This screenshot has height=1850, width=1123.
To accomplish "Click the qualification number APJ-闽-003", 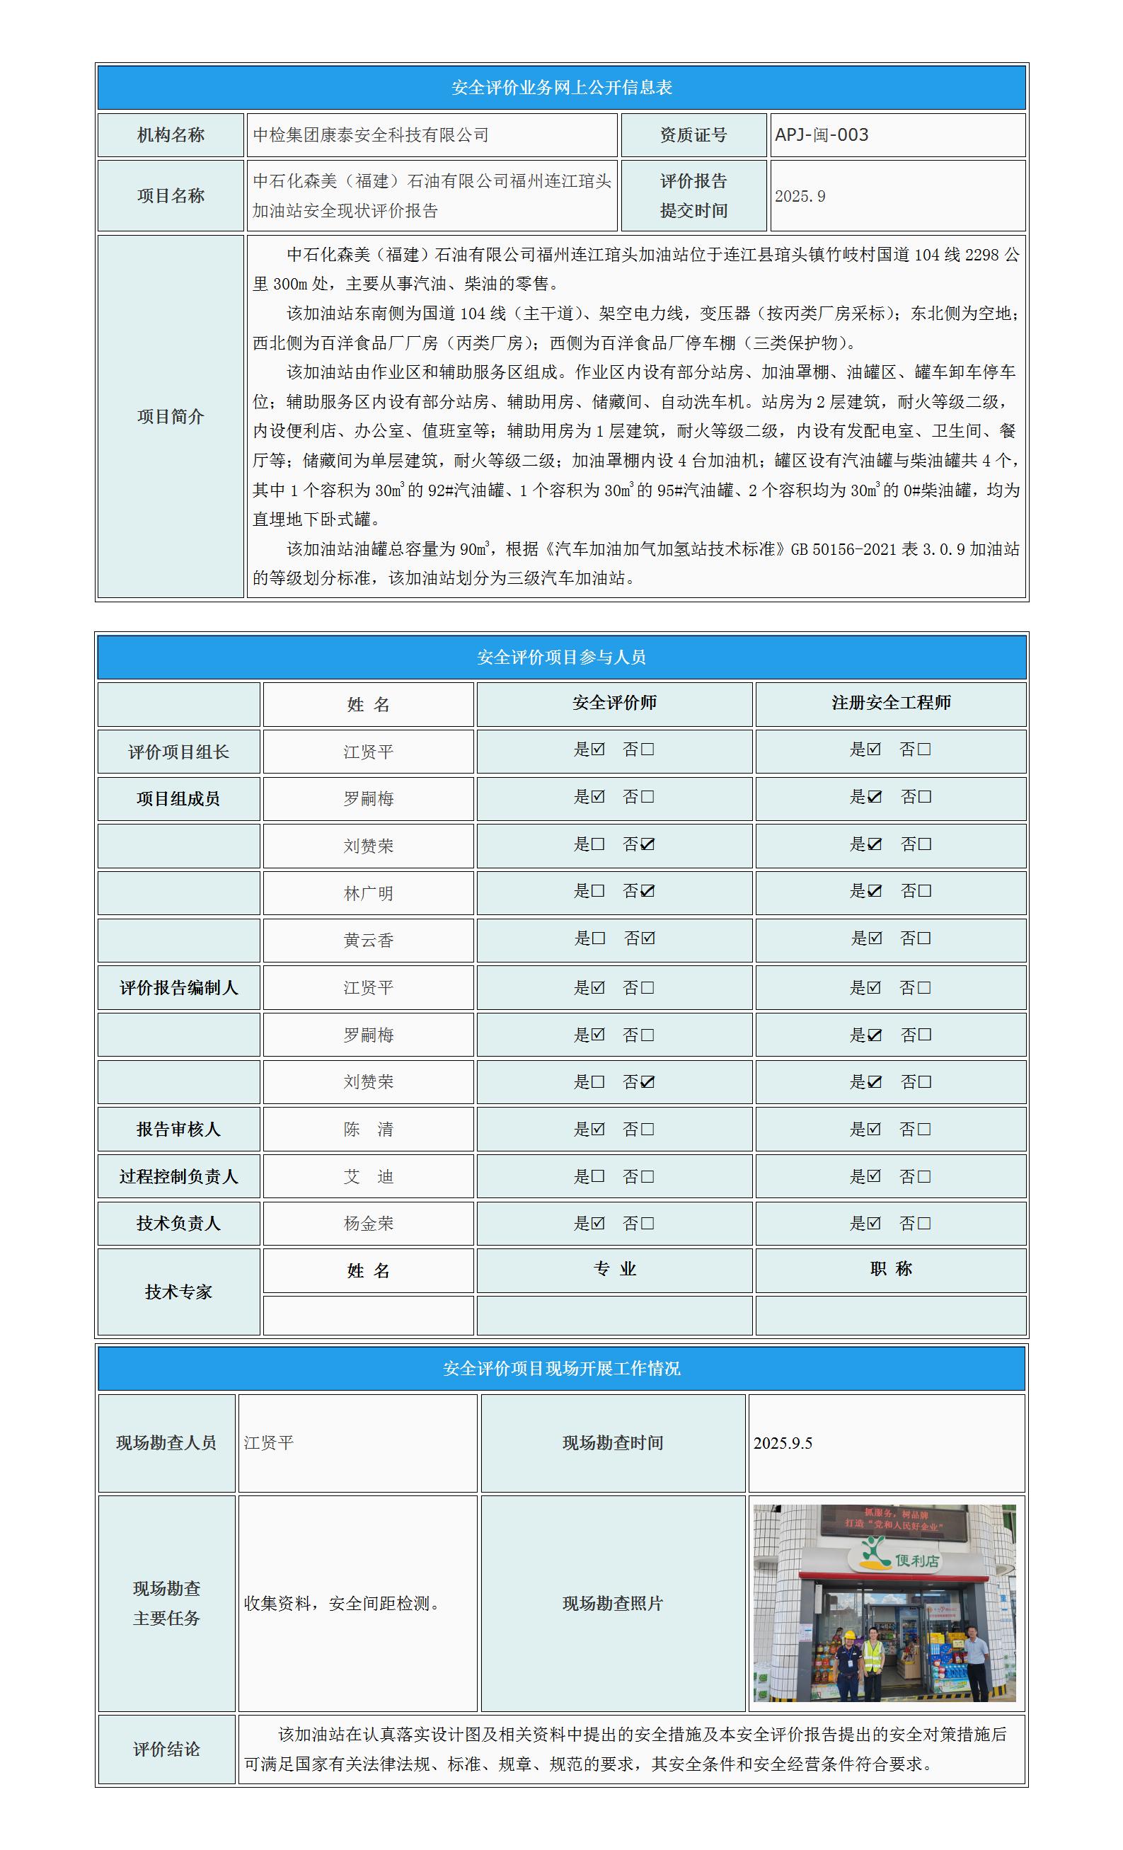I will [822, 135].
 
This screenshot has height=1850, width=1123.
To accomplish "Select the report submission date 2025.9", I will [800, 196].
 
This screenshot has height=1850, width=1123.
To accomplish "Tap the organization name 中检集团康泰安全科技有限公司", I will [371, 135].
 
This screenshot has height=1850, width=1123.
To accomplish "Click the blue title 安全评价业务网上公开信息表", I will [562, 88].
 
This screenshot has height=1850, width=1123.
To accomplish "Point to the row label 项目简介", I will [171, 417].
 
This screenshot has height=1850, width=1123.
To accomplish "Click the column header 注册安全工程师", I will [890, 703].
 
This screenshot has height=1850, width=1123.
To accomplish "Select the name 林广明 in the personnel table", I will [368, 893].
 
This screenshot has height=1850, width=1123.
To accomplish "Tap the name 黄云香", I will [368, 941].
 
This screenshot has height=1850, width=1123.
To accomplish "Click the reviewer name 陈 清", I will [368, 1130].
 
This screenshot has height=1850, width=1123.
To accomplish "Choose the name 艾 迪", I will [368, 1176].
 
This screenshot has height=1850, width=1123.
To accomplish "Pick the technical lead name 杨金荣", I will [368, 1224].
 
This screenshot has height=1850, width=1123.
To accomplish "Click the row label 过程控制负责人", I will [178, 1176].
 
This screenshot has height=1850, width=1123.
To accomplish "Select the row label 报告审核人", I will [178, 1130].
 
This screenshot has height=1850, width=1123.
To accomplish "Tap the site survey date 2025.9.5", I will [783, 1443].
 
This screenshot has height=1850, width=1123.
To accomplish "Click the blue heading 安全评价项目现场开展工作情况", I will [562, 1369].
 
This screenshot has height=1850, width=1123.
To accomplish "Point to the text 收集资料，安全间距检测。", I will [343, 1604].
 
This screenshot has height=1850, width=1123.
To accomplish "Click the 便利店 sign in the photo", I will [916, 1561].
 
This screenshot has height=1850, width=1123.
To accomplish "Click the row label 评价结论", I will [167, 1750].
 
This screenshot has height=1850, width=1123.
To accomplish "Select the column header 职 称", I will [890, 1269].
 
